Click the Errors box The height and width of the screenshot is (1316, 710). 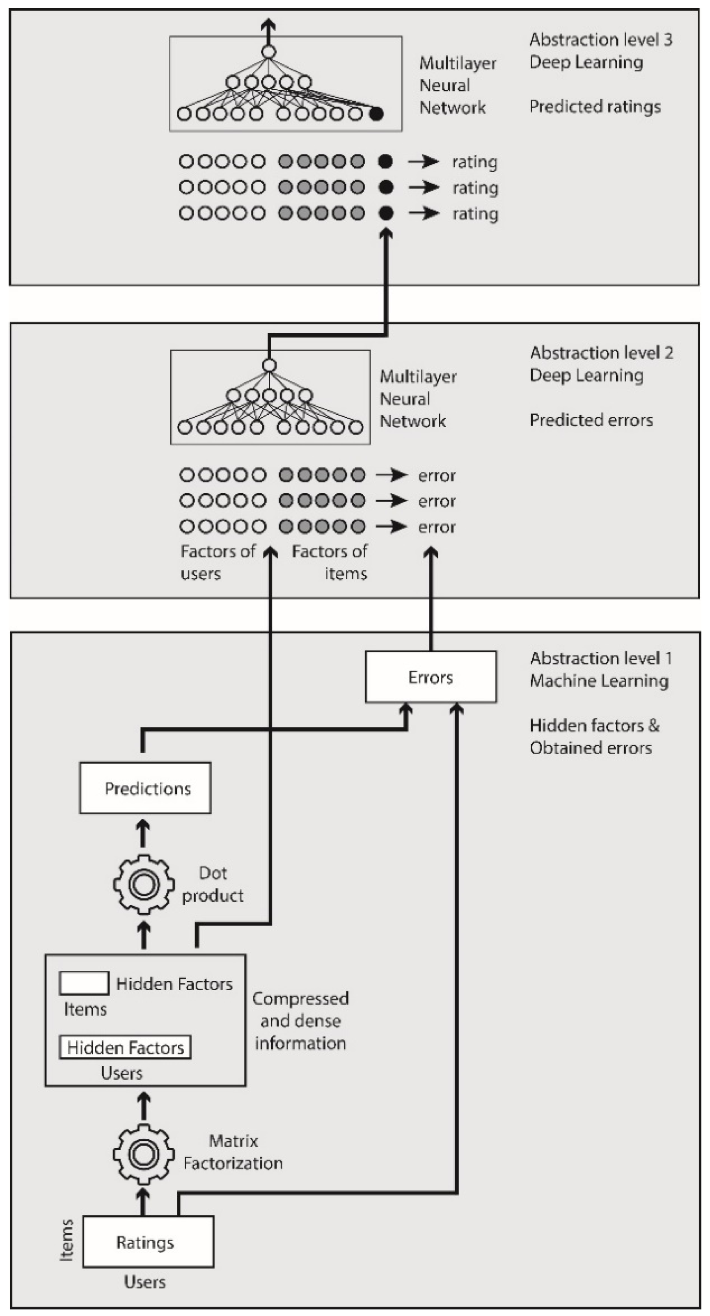click(x=431, y=677)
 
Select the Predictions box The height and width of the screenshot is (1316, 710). click(x=145, y=788)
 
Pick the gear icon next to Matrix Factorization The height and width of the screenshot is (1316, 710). click(x=143, y=1154)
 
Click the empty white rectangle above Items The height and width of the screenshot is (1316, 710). click(x=84, y=983)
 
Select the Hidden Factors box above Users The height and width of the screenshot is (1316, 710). click(x=125, y=1047)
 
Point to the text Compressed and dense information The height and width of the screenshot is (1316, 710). click(x=300, y=1020)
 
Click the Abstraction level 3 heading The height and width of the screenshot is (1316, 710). click(x=600, y=40)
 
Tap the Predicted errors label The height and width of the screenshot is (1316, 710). click(x=591, y=420)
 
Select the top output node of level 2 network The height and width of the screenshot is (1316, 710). click(x=269, y=365)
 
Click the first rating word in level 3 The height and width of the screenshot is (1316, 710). click(x=474, y=162)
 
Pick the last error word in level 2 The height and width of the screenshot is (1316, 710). click(x=437, y=527)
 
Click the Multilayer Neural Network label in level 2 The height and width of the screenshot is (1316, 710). click(x=418, y=398)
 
